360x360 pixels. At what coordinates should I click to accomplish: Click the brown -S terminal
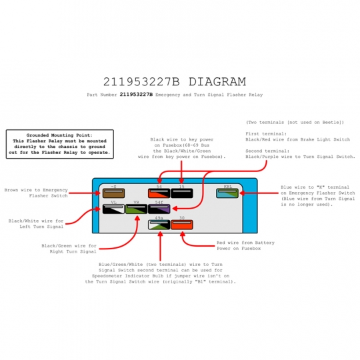113,193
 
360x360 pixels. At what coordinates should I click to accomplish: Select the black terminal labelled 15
181,193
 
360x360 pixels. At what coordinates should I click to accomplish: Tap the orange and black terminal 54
159,193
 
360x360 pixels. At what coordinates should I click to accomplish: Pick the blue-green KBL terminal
227,193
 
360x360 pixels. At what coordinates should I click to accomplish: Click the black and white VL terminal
113,209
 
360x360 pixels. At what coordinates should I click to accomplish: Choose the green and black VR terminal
136,209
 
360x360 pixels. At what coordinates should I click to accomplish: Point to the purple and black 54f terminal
159,209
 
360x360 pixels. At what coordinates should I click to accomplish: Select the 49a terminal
159,225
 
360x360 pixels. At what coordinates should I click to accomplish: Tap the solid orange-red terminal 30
181,225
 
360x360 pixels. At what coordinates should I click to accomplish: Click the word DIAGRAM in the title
217,82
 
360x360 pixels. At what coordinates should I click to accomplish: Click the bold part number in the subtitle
136,95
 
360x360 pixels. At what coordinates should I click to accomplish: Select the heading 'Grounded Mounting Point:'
59,135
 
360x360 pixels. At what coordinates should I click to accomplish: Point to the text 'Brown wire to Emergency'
36,190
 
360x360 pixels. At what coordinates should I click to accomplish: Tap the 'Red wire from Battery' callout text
245,243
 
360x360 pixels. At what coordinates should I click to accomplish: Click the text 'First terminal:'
266,133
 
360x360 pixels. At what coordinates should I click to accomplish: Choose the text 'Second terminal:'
267,151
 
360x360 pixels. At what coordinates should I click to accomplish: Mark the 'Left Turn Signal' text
41,227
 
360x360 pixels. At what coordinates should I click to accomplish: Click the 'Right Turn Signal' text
73,251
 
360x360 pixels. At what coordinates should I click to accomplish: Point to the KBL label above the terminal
228,187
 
